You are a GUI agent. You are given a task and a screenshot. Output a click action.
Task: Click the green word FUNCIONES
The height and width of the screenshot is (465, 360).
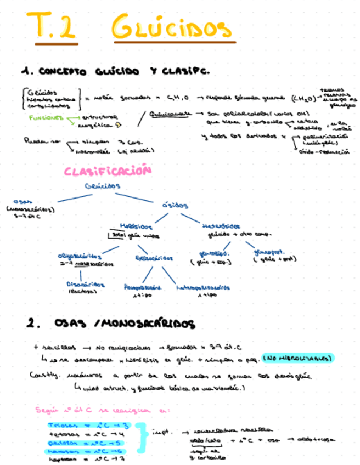(x=45, y=117)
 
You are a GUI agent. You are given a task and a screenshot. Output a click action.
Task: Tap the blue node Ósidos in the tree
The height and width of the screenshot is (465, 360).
(x=175, y=205)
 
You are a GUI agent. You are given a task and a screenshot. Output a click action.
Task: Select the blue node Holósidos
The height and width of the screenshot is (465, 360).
(x=137, y=225)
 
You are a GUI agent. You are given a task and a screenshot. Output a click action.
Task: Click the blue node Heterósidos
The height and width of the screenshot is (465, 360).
(x=221, y=225)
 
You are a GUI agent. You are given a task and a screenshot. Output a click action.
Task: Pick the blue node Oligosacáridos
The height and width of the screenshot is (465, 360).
(x=80, y=256)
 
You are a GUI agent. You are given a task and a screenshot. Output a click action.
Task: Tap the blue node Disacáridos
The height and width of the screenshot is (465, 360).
(x=83, y=285)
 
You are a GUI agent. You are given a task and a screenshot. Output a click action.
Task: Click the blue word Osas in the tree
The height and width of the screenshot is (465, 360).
(x=20, y=201)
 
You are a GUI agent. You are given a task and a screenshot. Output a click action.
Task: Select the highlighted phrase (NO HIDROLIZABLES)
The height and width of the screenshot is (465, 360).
(x=298, y=358)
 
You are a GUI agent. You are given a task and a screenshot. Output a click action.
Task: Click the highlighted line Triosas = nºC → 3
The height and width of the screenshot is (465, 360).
(x=88, y=424)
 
